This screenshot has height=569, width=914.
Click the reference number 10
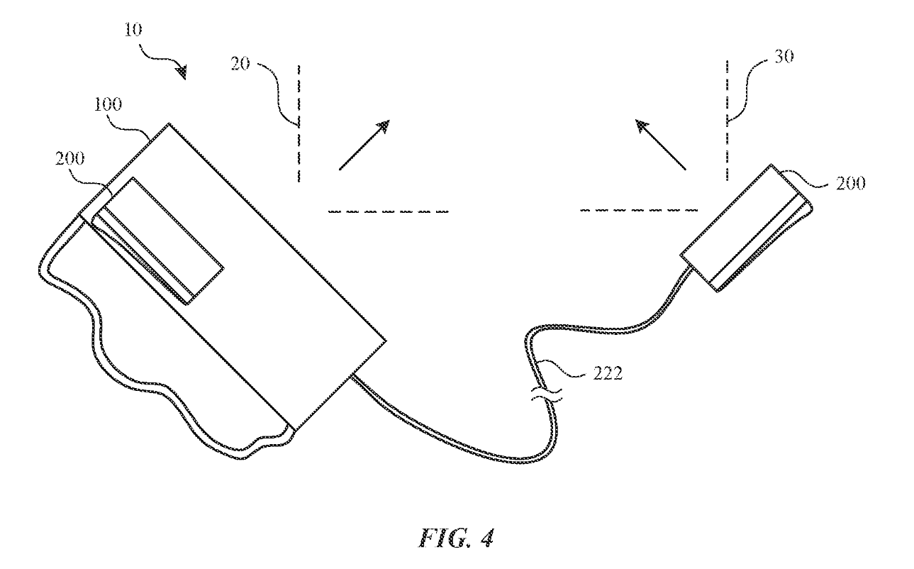pos(133,30)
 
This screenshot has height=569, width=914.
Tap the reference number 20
pos(240,64)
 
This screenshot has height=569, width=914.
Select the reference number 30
pos(784,57)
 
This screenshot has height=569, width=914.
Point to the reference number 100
pos(108,104)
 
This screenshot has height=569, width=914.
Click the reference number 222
pos(608,373)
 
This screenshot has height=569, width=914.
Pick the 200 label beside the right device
pos(851,184)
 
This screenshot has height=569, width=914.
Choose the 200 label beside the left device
pos(69,158)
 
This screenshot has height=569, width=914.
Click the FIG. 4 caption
pos(457,538)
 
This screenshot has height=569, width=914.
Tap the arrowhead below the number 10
pos(181,72)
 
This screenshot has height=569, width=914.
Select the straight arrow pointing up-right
pos(364,145)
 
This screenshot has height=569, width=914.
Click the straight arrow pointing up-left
pos(661,145)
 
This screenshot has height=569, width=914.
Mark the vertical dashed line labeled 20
pos(299,123)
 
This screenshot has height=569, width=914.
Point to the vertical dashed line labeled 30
pos(727,121)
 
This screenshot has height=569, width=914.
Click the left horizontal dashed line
pos(389,211)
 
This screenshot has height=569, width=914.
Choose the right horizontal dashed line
pos(639,210)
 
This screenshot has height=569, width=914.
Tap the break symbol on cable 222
pos(547,394)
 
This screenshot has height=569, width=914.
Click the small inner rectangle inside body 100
pos(157,241)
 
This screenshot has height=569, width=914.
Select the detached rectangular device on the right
pos(746,228)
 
